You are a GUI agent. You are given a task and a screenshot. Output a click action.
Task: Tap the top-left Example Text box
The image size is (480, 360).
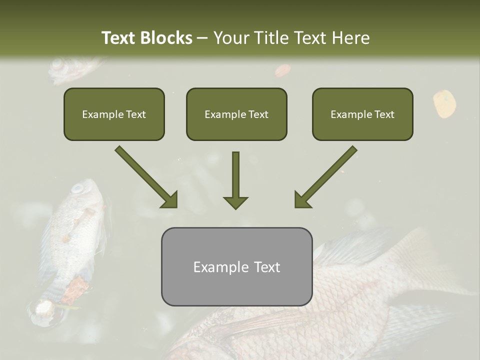114,114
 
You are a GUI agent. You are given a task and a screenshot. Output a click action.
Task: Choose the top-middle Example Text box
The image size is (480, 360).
236,114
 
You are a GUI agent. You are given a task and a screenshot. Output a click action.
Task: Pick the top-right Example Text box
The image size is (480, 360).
362,114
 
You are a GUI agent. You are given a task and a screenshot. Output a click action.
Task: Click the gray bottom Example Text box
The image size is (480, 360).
236,267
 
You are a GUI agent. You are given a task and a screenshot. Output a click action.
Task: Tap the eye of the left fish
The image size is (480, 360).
77,188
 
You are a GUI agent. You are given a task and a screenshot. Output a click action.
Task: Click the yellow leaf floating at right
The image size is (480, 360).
443,103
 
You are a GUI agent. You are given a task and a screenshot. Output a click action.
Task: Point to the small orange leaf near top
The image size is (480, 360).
283,70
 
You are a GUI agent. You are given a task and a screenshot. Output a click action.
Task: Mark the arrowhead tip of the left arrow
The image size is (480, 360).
176,206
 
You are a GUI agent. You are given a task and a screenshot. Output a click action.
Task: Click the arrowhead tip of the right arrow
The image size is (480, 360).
296,206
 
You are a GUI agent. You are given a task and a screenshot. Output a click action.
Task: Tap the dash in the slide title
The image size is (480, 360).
202,38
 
